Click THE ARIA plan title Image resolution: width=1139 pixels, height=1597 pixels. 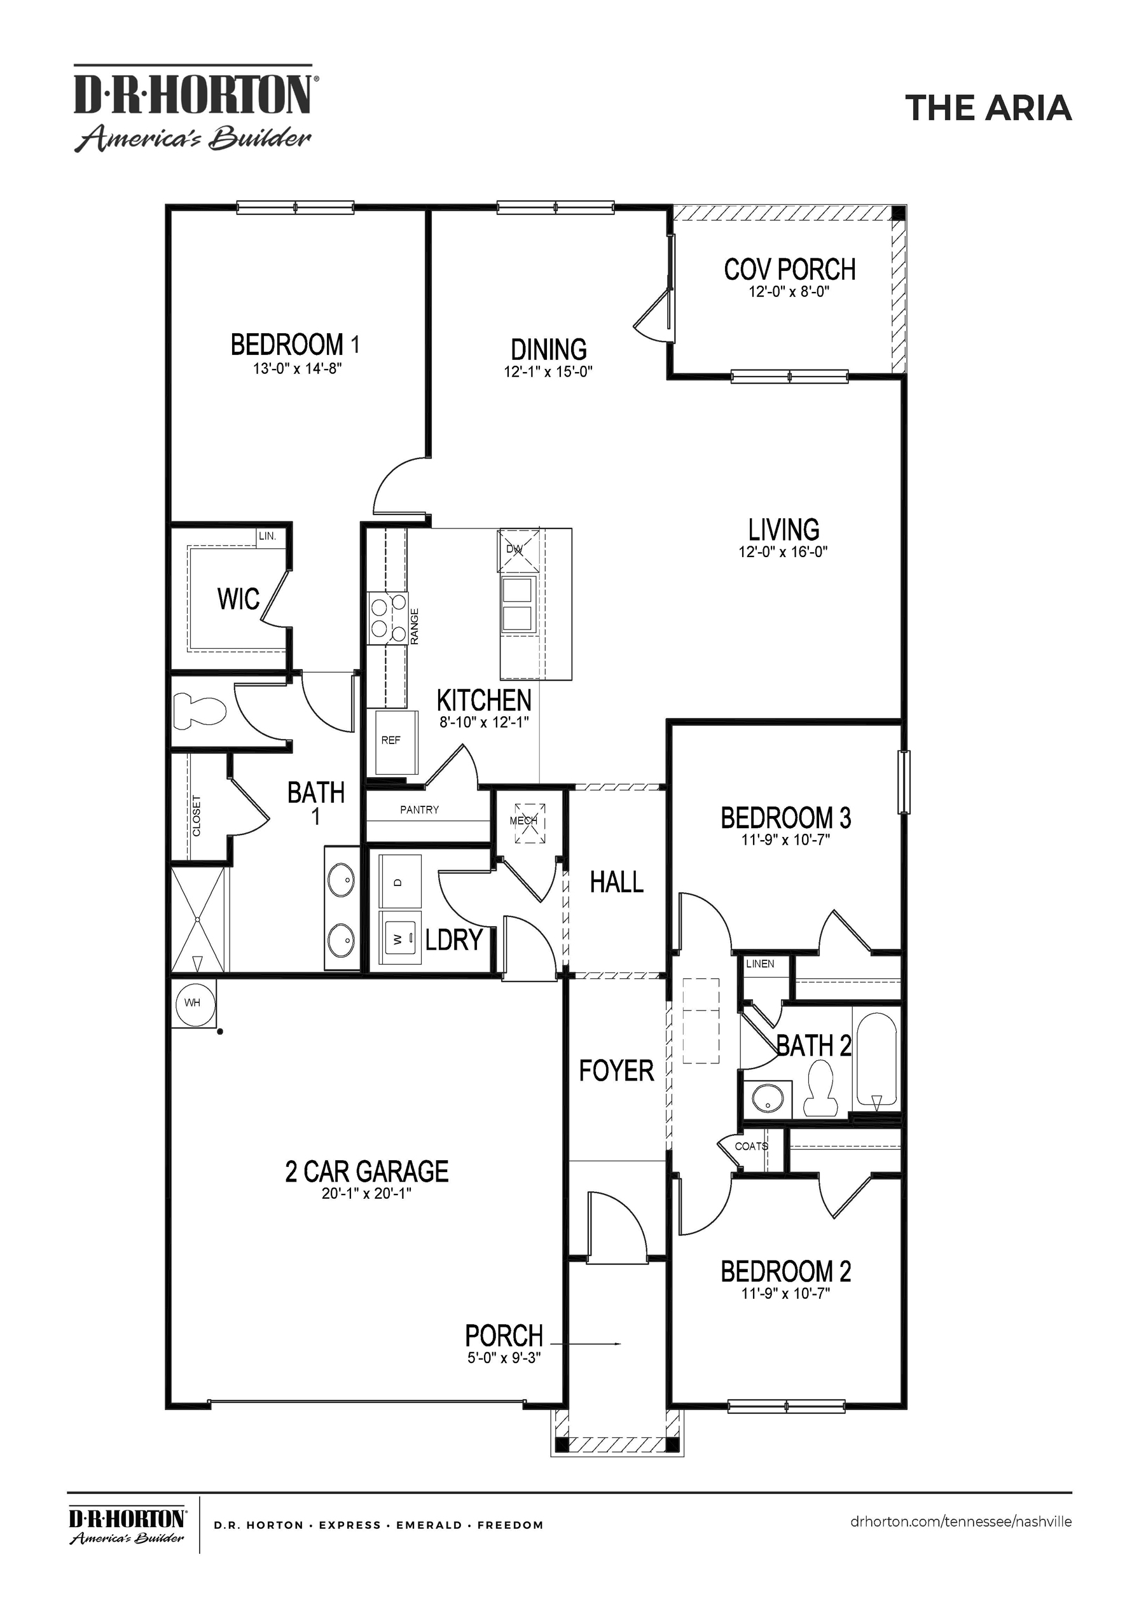988,108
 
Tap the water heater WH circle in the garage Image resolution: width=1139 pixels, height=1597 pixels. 192,1003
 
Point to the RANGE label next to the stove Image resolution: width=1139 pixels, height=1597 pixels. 415,626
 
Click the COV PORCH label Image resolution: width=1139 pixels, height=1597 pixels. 789,269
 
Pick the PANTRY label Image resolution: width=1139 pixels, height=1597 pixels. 419,810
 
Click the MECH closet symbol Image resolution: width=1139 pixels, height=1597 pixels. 529,821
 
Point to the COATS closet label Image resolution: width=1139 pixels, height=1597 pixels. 750,1146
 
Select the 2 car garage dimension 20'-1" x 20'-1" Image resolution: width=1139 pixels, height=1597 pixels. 366,1193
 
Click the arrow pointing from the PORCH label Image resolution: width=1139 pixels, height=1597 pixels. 586,1344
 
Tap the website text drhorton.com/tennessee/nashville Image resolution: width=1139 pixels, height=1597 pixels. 960,1521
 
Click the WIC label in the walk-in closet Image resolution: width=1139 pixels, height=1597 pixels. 238,599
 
